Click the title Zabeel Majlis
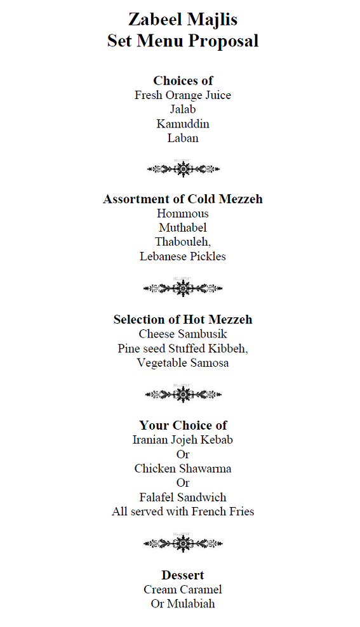183,20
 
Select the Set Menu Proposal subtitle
183,41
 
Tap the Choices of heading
183,81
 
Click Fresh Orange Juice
183,95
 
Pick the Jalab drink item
183,109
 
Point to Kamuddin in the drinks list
183,124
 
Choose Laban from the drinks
183,138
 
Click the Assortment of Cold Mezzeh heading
183,199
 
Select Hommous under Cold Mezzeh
183,213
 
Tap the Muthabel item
183,227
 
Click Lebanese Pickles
183,256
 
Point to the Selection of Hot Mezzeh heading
183,319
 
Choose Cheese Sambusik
183,334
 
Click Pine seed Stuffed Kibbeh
183,348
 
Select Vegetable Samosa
183,363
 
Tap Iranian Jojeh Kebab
183,440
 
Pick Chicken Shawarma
183,469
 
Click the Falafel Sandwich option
183,498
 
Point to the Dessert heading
183,575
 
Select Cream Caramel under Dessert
183,590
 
